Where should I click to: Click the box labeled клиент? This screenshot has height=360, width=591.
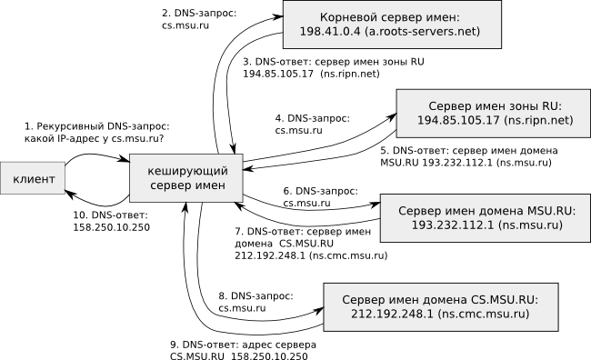pos(33,180)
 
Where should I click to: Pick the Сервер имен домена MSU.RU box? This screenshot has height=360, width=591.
pos(486,216)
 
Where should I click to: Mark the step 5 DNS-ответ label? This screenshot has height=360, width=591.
pos(467,149)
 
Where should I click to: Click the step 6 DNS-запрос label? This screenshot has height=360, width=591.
pos(320,192)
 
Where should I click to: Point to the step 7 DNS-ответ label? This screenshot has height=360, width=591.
pos(309,233)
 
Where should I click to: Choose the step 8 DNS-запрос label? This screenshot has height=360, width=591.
pos(255,296)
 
